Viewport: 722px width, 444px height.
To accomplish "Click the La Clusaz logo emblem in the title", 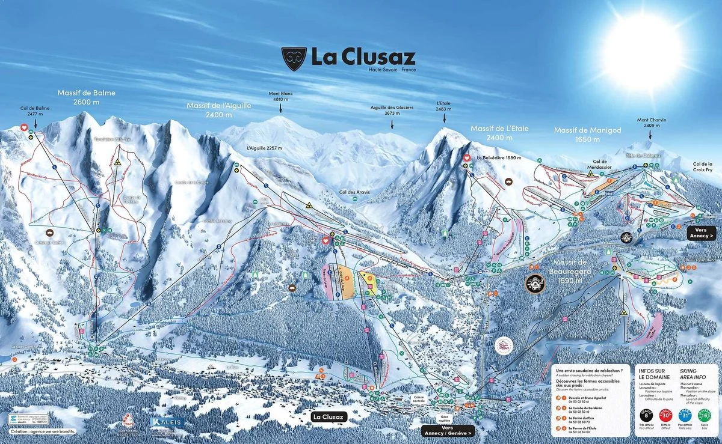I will (x=294, y=59).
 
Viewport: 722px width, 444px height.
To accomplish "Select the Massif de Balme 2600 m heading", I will (x=86, y=97).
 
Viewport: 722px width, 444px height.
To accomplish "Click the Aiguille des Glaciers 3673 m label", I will (x=392, y=110).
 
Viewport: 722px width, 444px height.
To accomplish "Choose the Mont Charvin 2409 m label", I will (x=652, y=123).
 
